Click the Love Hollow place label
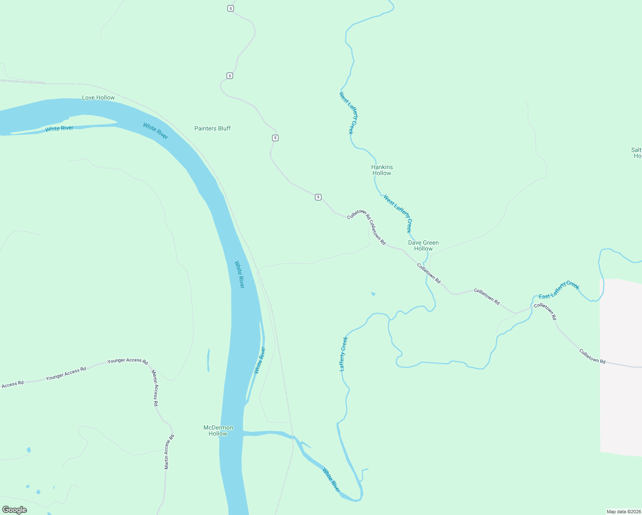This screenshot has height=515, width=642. [x=98, y=97]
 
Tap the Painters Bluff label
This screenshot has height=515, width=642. [x=212, y=128]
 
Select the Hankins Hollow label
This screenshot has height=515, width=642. [x=382, y=170]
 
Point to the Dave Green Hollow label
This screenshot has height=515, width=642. [x=423, y=245]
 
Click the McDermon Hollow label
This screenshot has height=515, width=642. [x=218, y=430]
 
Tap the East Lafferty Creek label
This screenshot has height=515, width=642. [x=559, y=290]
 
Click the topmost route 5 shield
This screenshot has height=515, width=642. [x=230, y=9]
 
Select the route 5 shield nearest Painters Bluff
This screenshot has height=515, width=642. [x=275, y=138]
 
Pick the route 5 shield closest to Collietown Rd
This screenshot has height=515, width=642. [x=318, y=197]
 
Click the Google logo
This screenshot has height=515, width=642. [x=15, y=510]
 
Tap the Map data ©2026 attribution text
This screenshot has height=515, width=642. [x=623, y=512]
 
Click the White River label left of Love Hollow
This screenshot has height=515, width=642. [x=59, y=128]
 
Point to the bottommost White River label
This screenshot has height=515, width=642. [x=331, y=480]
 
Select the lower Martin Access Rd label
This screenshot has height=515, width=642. [x=170, y=452]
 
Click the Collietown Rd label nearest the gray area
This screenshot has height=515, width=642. [x=592, y=356]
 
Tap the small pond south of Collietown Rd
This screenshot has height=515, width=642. [x=373, y=294]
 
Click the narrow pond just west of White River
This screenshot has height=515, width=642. [x=209, y=360]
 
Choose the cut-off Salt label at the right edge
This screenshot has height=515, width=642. [x=636, y=153]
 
